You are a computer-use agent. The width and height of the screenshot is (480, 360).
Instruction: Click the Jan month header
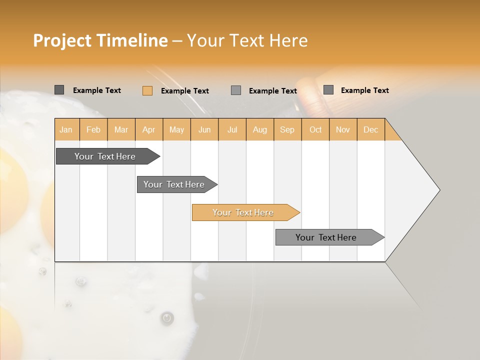[x=66, y=129]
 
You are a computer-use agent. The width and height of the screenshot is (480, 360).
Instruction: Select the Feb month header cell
[x=93, y=129]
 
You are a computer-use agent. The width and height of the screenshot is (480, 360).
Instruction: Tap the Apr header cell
[x=149, y=129]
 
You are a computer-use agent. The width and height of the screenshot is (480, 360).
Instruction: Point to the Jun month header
[x=204, y=129]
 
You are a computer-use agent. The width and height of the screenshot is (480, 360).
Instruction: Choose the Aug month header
[x=260, y=129]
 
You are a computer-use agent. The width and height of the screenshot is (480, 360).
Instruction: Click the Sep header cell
[x=287, y=129]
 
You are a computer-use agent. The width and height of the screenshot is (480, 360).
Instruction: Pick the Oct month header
[x=315, y=129]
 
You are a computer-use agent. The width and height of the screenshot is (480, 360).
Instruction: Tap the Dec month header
[x=371, y=129]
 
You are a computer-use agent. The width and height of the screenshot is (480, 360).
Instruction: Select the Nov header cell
[x=343, y=129]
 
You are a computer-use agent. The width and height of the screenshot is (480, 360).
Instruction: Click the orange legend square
[x=147, y=90]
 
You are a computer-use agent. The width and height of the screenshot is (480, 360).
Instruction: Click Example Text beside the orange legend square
[x=185, y=91]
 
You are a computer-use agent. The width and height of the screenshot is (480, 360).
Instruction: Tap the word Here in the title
[x=288, y=40]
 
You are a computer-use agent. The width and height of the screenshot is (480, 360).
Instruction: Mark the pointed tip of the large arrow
[x=439, y=189]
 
